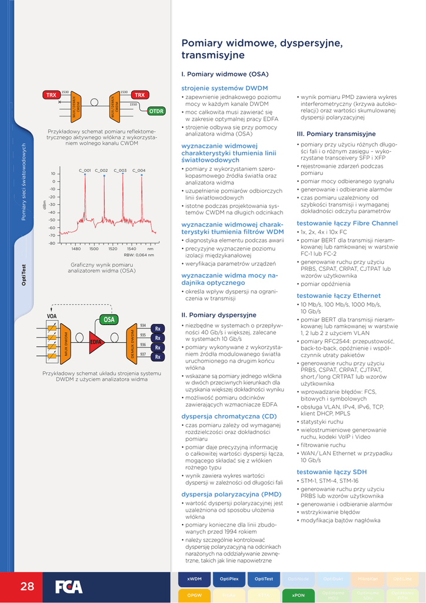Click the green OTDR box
pyautogui.click(x=157, y=111)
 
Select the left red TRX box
pyautogui.click(x=51, y=95)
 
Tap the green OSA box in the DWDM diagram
pyautogui.click(x=109, y=319)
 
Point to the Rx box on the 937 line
pyautogui.click(x=158, y=357)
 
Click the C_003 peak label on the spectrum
pyautogui.click(x=120, y=170)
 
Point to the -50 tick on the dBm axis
pyautogui.click(x=52, y=220)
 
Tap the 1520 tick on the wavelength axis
pyautogui.click(x=112, y=249)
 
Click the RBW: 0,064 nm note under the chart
pyautogui.click(x=139, y=255)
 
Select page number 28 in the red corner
pyautogui.click(x=27, y=587)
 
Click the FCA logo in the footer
pyautogui.click(x=69, y=587)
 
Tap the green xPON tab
pyautogui.click(x=298, y=595)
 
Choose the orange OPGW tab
pyautogui.click(x=194, y=595)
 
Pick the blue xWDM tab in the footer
pyautogui.click(x=194, y=579)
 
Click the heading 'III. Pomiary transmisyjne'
pyautogui.click(x=336, y=134)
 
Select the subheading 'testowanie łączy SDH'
pyautogui.click(x=331, y=472)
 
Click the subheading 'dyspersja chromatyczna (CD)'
pyautogui.click(x=229, y=416)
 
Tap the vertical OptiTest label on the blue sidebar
pyautogui.click(x=24, y=275)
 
